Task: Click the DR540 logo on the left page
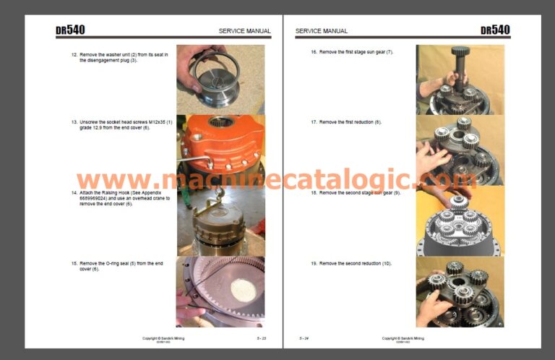[70, 30]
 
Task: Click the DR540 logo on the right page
[495, 30]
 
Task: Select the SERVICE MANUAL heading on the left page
[245, 31]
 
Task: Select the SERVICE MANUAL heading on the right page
[322, 31]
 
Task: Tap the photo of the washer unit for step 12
[220, 79]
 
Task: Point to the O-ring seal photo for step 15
[220, 291]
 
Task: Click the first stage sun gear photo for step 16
[460, 80]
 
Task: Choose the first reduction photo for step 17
[460, 150]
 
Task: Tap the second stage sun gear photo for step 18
[460, 220]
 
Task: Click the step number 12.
[74, 55]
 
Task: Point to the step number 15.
[74, 263]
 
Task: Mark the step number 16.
[314, 52]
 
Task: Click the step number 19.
[314, 263]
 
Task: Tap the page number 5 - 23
[261, 338]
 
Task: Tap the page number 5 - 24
[304, 338]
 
